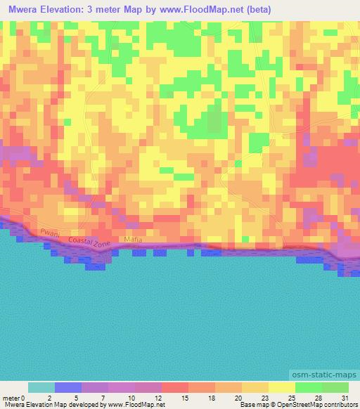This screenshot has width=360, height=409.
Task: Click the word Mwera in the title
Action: (21, 9)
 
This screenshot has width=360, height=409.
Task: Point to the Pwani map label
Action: (51, 233)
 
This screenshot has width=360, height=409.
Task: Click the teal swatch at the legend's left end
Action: (41, 387)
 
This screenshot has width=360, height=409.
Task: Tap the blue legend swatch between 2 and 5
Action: (67, 387)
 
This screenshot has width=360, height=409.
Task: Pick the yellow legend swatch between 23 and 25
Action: (281, 387)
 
